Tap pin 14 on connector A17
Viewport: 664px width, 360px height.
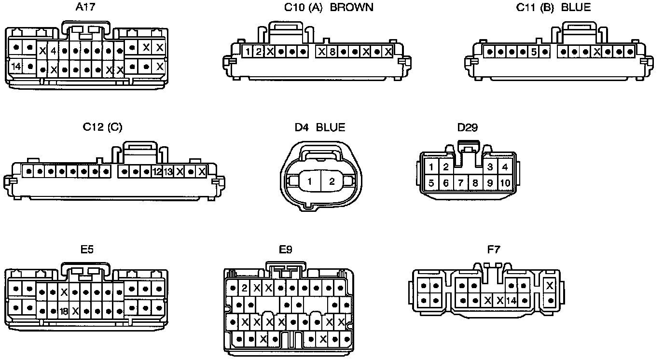16,66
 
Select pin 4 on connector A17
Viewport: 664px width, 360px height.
54,50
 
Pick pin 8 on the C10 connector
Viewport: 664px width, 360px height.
332,51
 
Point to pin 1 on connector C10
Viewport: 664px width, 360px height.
247,51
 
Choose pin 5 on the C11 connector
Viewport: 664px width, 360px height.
534,51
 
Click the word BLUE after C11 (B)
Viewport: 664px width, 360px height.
576,7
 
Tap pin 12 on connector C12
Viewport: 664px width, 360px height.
157,171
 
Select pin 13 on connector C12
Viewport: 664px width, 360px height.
168,171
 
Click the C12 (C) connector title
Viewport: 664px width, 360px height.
102,127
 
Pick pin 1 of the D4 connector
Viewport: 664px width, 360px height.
310,182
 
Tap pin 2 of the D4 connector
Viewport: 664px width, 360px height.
332,182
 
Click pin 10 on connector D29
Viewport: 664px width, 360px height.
505,183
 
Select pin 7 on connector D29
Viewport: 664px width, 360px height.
461,183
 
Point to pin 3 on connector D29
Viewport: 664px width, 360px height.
490,167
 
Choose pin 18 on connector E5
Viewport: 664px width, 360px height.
64,311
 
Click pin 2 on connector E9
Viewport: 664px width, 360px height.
245,289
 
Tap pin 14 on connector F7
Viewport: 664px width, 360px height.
512,301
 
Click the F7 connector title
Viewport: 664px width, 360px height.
494,249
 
